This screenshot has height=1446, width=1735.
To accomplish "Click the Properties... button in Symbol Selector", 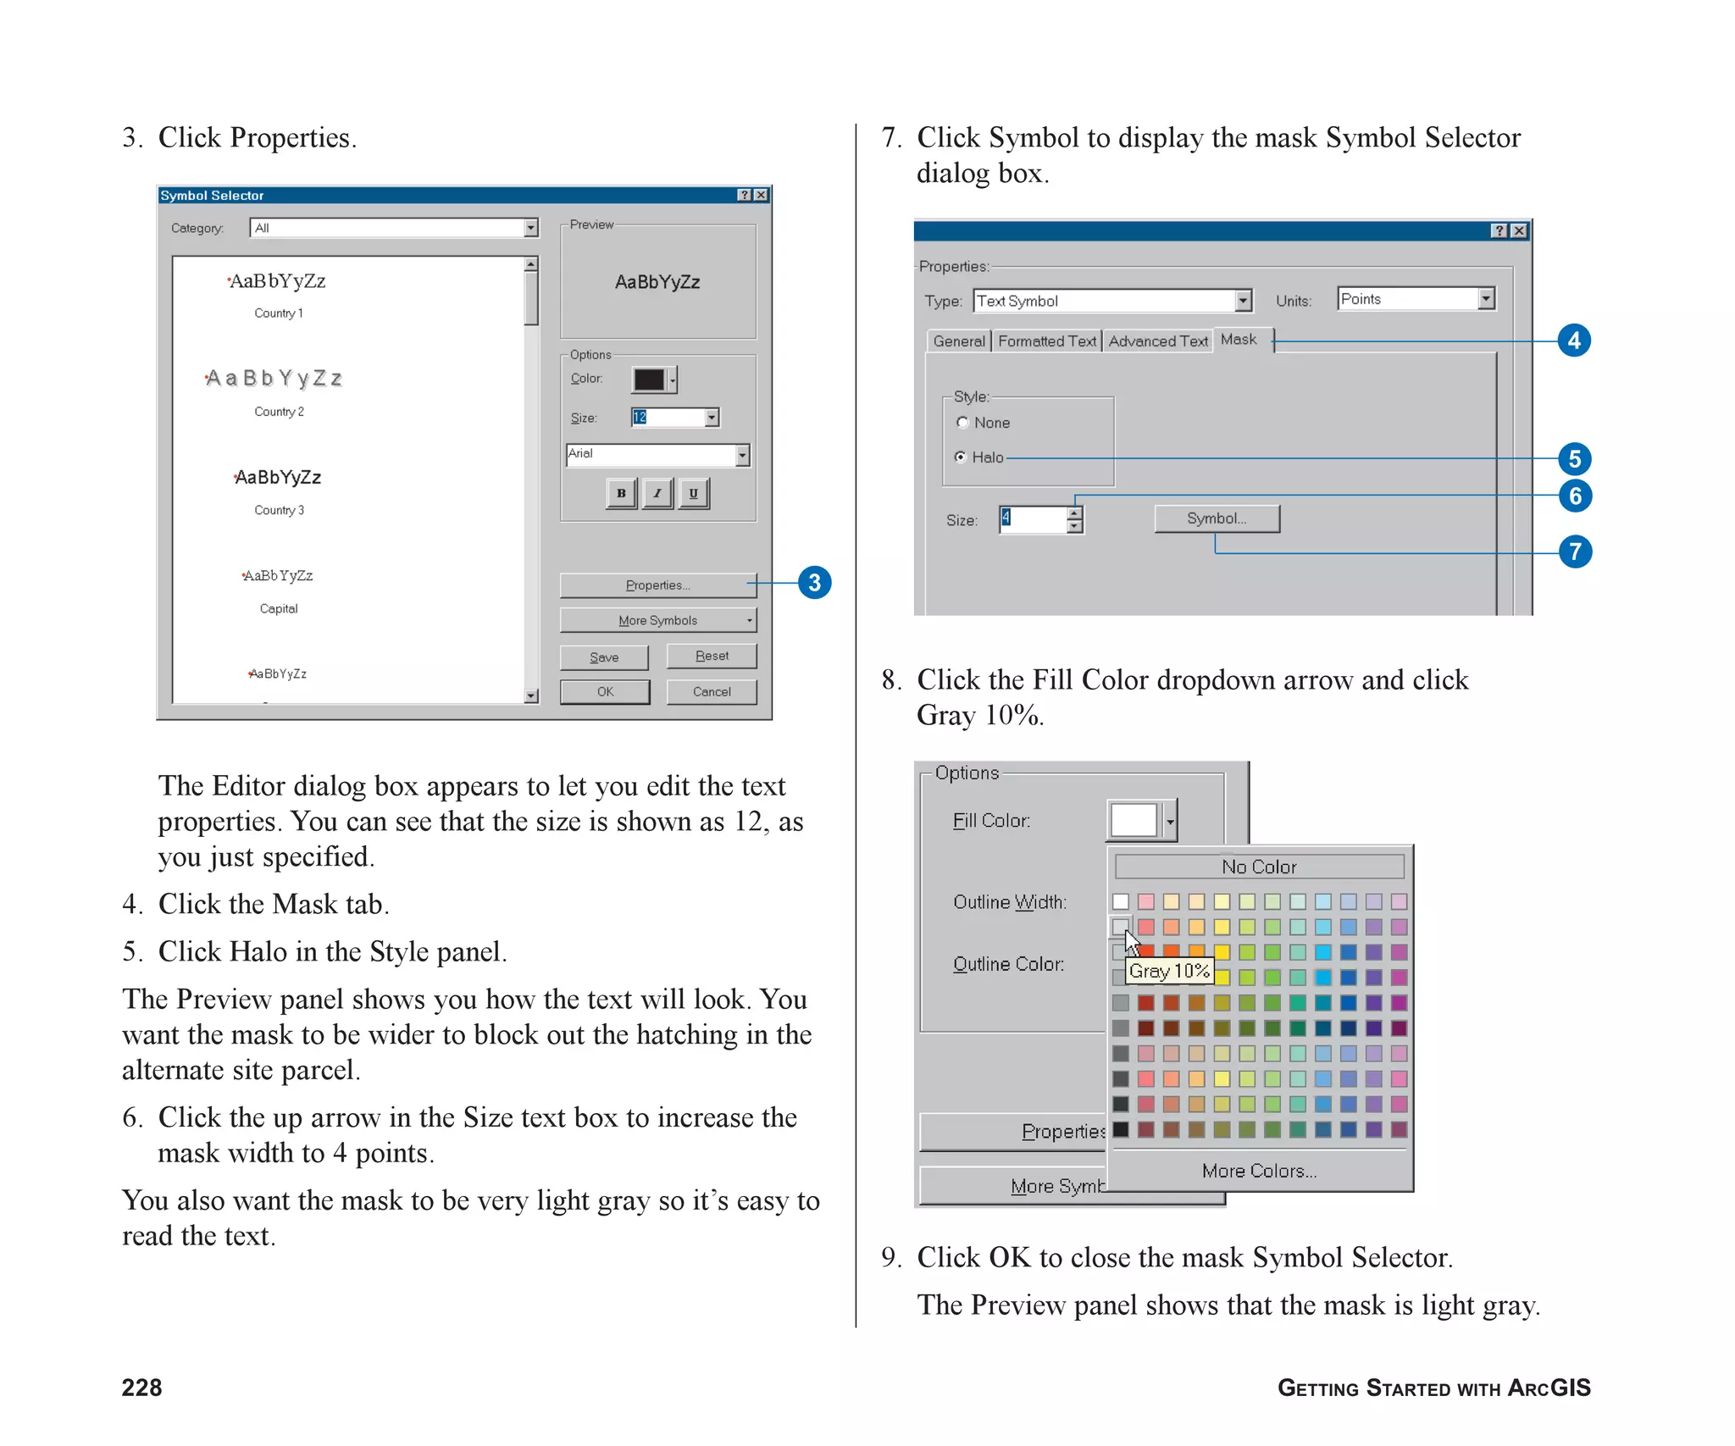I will click(657, 585).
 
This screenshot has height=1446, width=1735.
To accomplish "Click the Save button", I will click(604, 657).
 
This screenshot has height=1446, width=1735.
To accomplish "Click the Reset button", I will click(712, 656).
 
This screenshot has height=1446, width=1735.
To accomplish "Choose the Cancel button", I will click(712, 691).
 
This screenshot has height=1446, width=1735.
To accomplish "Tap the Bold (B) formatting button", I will click(621, 493).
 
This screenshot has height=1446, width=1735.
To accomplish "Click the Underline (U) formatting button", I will click(693, 493).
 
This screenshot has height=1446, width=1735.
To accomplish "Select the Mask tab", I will click(1239, 340).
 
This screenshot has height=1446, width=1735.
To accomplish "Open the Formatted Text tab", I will click(1046, 341).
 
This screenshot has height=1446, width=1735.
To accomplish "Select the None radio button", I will click(962, 422).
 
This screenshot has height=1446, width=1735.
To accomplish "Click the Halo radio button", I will click(961, 457).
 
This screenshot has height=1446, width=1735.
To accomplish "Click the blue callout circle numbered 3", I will click(814, 583).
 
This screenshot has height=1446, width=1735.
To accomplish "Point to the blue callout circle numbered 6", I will click(1575, 496).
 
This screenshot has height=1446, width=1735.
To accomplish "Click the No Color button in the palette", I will click(1259, 867).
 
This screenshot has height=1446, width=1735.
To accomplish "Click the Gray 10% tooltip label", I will click(1169, 971).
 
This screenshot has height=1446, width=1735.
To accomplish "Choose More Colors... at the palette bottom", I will click(1259, 1171).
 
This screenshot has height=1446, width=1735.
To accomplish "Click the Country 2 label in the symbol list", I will click(279, 412).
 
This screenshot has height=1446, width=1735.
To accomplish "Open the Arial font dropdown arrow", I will click(742, 455).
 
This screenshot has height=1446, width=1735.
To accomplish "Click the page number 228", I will click(141, 1388).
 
